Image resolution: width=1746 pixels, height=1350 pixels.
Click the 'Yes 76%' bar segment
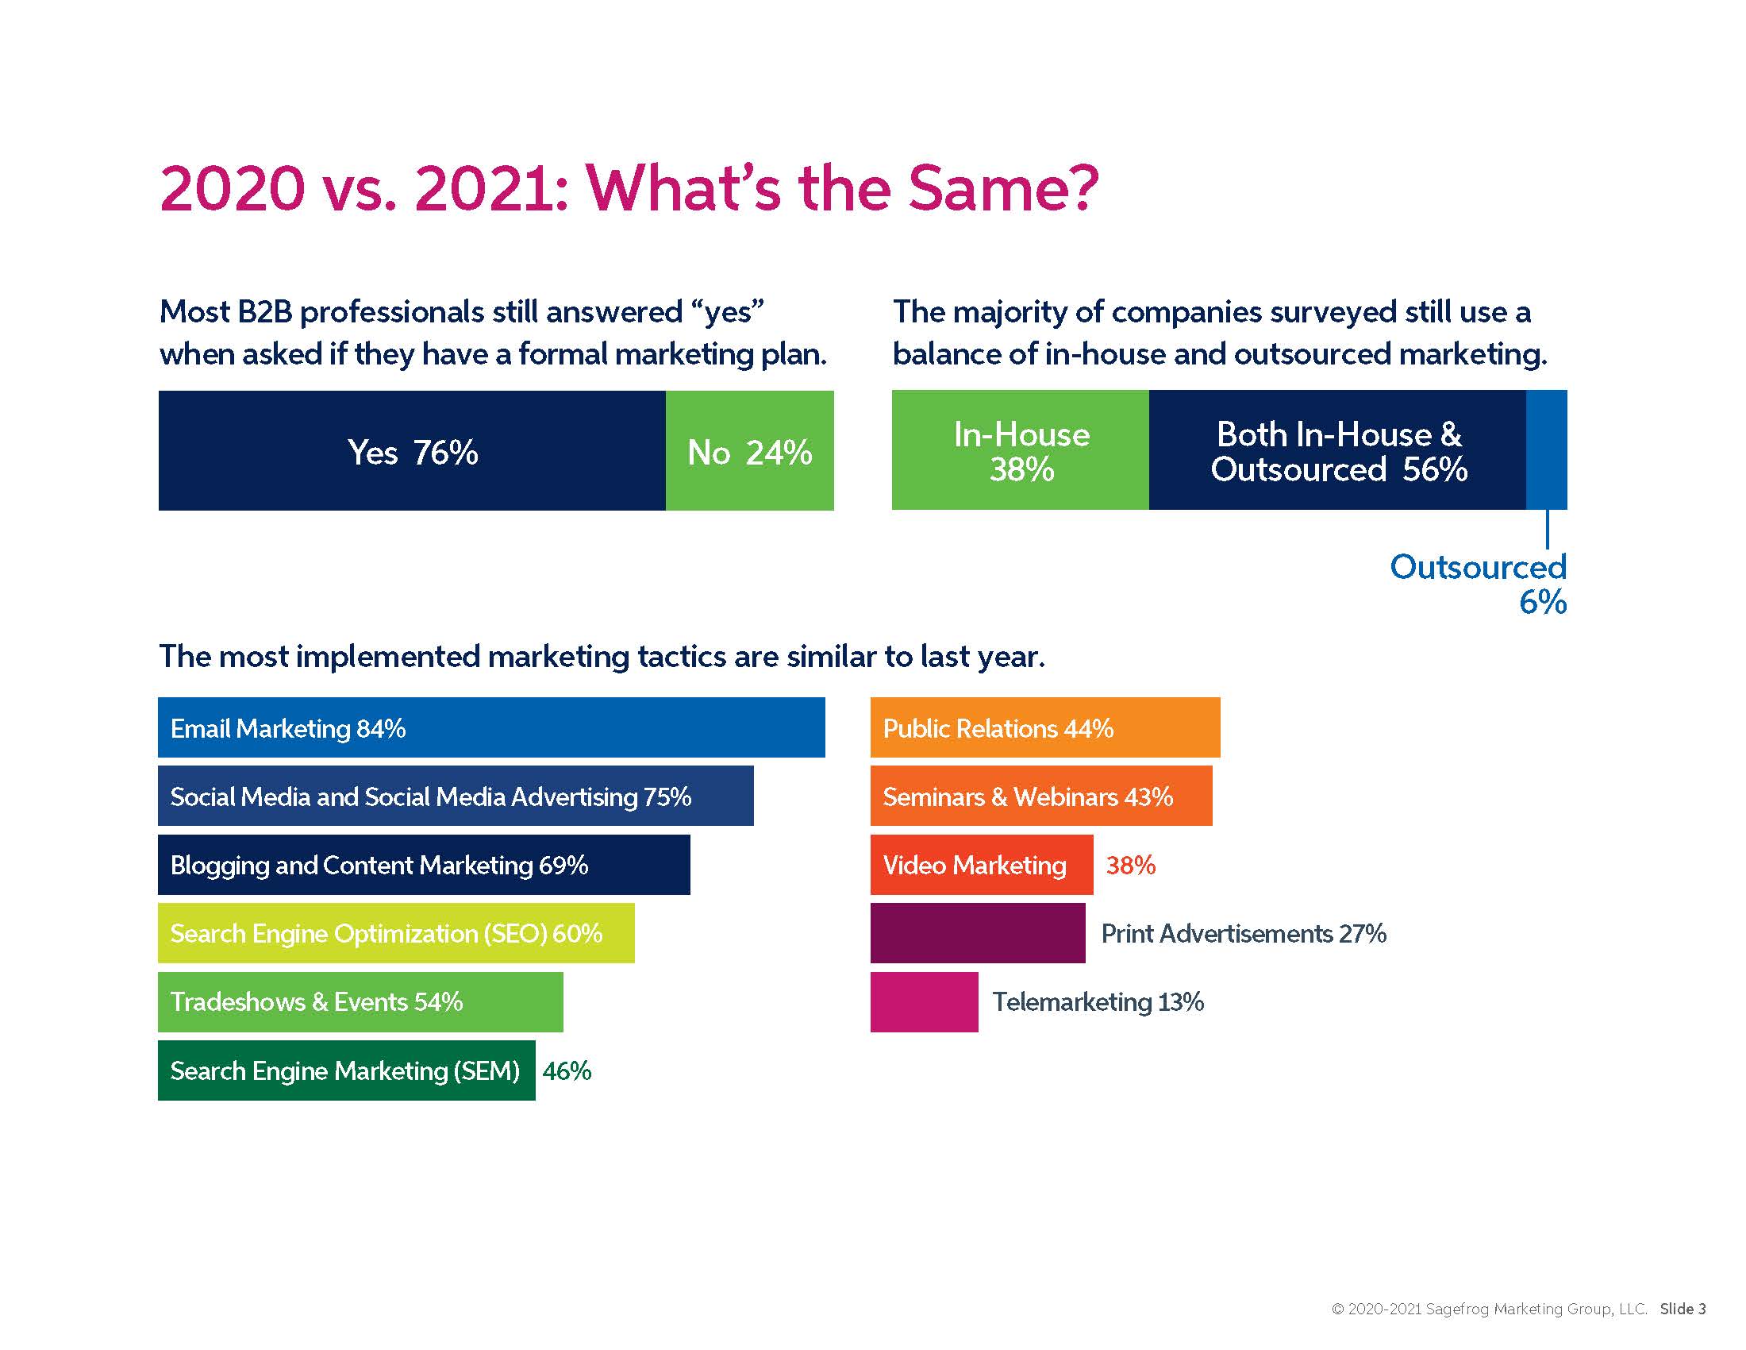(412, 450)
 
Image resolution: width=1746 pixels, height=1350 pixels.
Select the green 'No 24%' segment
(749, 450)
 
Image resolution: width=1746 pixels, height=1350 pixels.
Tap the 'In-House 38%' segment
(1020, 450)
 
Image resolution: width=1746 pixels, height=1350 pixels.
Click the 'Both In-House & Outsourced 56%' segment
(1337, 450)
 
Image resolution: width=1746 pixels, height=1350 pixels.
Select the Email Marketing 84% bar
(490, 727)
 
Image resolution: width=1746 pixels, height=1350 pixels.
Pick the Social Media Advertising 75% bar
(455, 796)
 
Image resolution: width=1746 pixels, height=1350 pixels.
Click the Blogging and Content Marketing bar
(424, 865)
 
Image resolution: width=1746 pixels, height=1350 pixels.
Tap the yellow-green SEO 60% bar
(396, 932)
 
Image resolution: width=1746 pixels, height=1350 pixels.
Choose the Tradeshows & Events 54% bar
(360, 1001)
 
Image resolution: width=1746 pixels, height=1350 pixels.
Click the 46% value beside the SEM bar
(567, 1071)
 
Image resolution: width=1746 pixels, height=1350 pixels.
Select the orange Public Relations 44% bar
(1045, 727)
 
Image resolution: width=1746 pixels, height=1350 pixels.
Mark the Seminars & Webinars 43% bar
(1041, 796)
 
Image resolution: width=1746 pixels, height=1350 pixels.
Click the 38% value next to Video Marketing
(1130, 865)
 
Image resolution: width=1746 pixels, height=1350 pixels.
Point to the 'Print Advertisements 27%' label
(1243, 933)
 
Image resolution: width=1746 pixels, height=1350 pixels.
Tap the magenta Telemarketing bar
(924, 1001)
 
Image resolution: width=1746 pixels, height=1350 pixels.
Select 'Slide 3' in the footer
(1683, 1309)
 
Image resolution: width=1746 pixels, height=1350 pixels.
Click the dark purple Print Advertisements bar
(977, 932)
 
